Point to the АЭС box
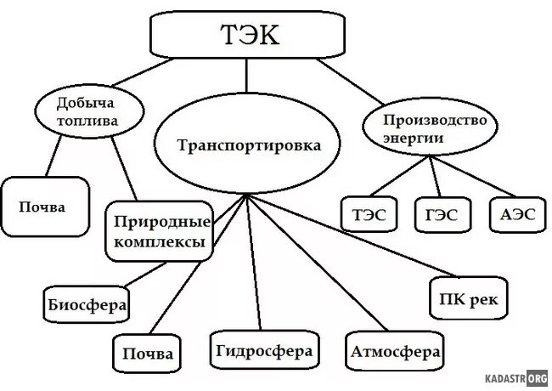[515, 215]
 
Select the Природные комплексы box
[160, 232]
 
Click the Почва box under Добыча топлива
[44, 207]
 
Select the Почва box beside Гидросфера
[147, 353]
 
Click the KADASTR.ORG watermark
[515, 377]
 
